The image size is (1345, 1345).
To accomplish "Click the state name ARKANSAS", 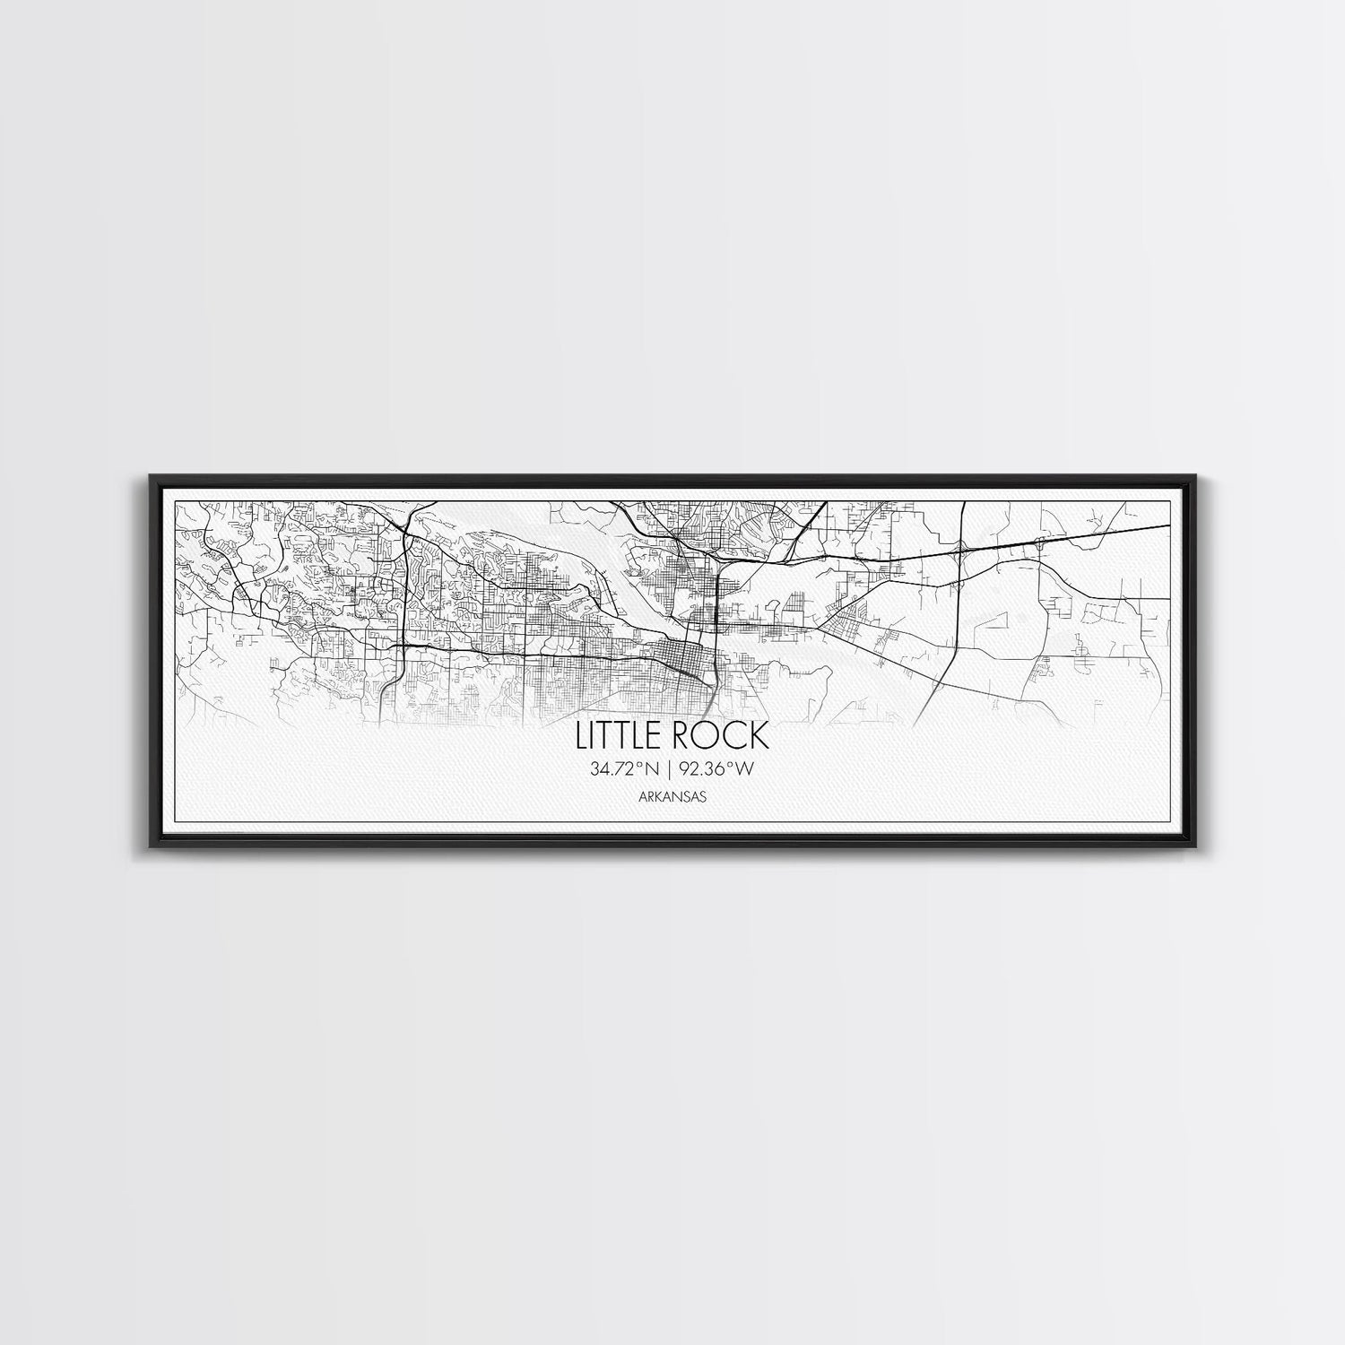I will point(672,795).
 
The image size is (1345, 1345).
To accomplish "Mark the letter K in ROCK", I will point(759,735).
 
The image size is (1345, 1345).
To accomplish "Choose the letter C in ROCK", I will point(733,735).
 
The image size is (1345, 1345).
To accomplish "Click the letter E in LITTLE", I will point(660,735).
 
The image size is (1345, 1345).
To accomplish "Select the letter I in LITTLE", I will point(596,735).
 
